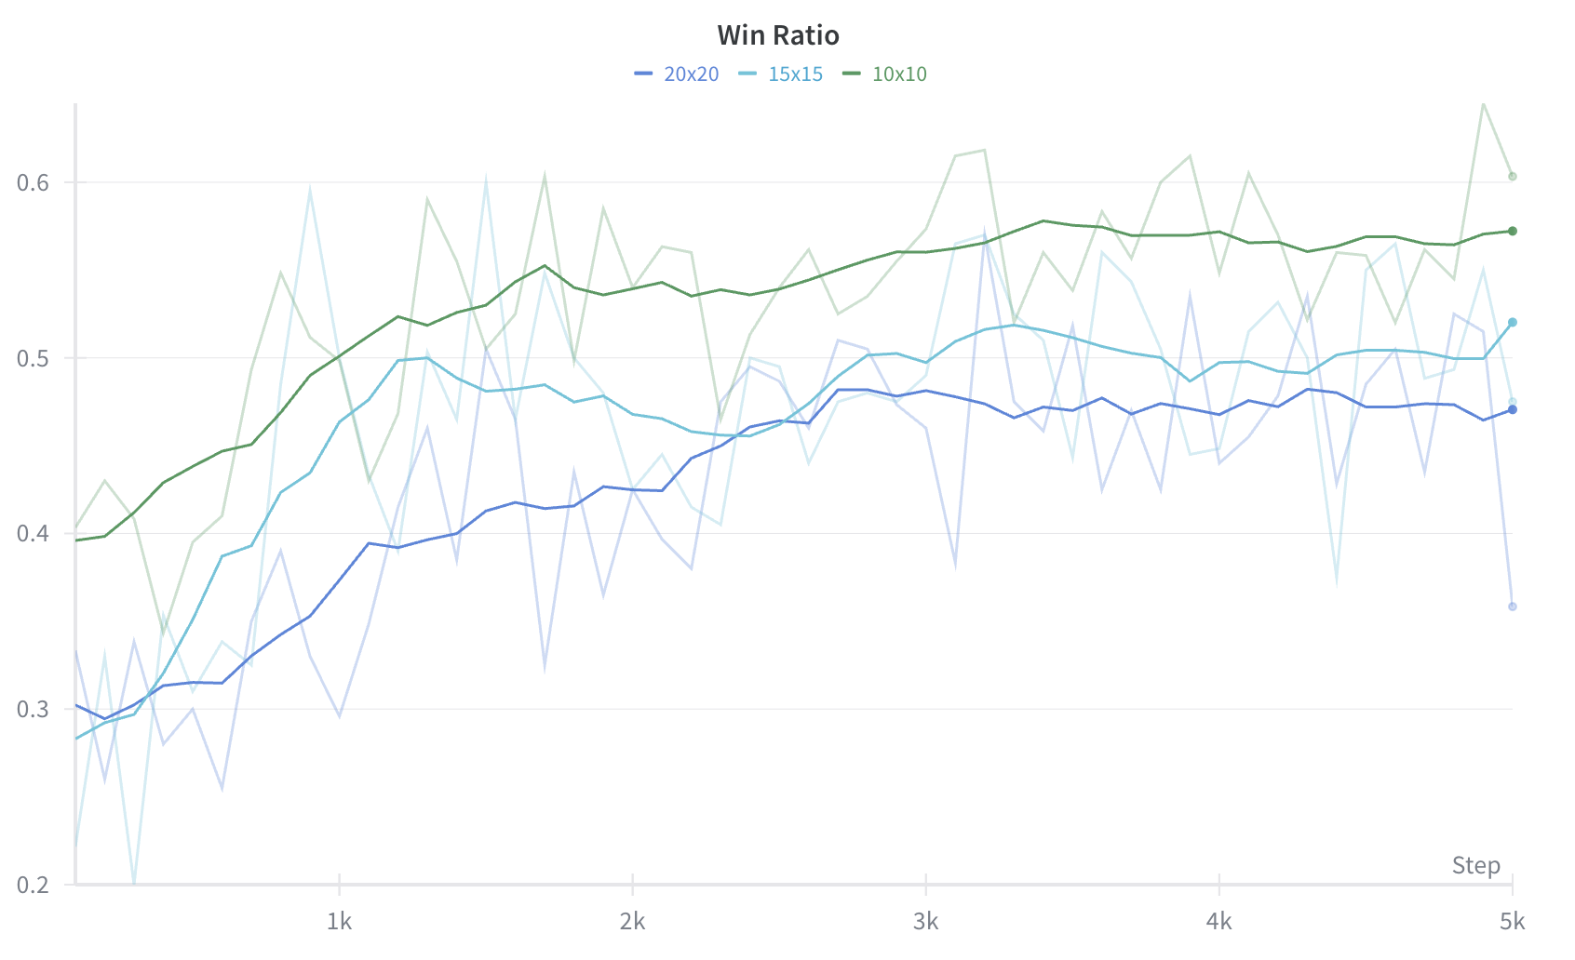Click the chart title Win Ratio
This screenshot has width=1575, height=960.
point(778,35)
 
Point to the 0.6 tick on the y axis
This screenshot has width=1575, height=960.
point(33,182)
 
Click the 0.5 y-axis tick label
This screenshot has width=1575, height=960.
point(33,358)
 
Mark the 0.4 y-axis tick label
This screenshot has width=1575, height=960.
point(33,534)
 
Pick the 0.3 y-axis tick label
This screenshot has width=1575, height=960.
point(33,709)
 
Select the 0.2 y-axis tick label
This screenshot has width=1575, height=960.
point(33,885)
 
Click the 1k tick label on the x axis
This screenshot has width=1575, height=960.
point(339,922)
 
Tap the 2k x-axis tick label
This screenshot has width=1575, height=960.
point(632,922)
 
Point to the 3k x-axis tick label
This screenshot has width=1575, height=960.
point(925,922)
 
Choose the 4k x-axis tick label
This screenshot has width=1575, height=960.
point(1218,922)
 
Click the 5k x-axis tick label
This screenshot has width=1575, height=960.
point(1512,922)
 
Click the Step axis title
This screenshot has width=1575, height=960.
point(1475,865)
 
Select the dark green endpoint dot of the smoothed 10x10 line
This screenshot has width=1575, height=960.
point(1513,231)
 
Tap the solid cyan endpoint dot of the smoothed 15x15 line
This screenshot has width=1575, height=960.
point(1513,323)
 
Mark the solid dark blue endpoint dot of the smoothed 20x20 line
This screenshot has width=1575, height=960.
point(1513,409)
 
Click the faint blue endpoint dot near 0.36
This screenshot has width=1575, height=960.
point(1513,607)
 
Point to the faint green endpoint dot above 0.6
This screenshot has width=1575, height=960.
point(1513,177)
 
